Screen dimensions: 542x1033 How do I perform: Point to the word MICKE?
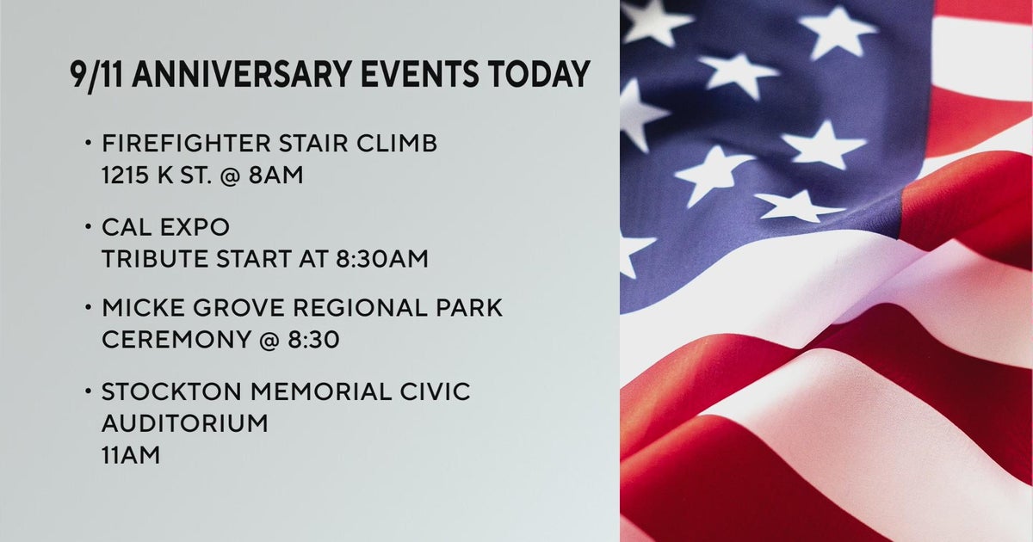coord(140,308)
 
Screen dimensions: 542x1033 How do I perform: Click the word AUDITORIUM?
coord(184,423)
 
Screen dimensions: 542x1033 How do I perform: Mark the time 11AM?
coord(131,454)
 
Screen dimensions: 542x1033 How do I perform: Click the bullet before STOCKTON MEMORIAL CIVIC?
coord(89,392)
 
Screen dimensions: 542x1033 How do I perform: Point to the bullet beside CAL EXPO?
coord(89,228)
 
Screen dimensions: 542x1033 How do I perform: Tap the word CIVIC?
coord(436,392)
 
